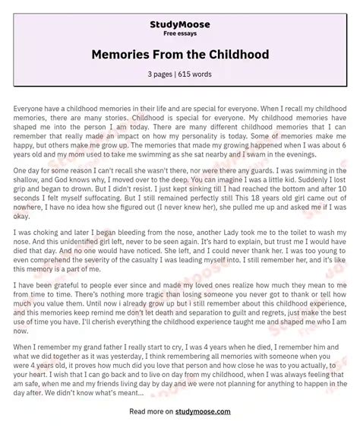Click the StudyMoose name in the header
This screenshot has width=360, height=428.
click(x=179, y=24)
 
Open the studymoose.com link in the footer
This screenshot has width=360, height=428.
click(x=199, y=411)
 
